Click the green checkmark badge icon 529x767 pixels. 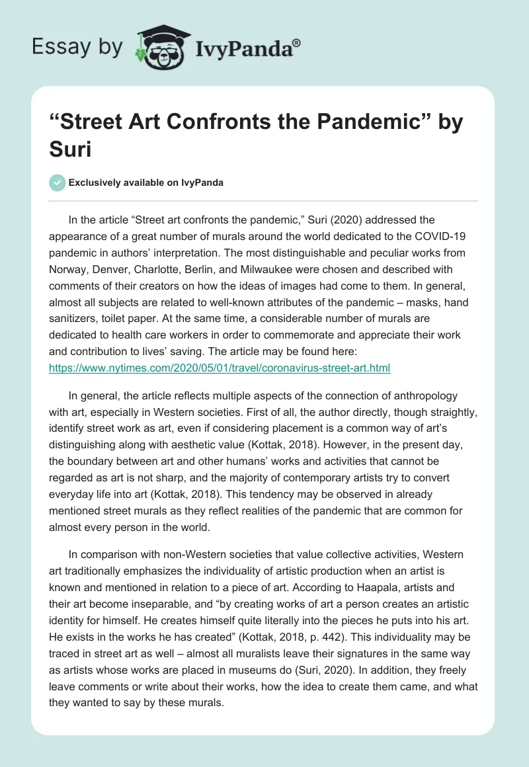coord(58,182)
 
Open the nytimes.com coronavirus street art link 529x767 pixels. coord(220,368)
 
